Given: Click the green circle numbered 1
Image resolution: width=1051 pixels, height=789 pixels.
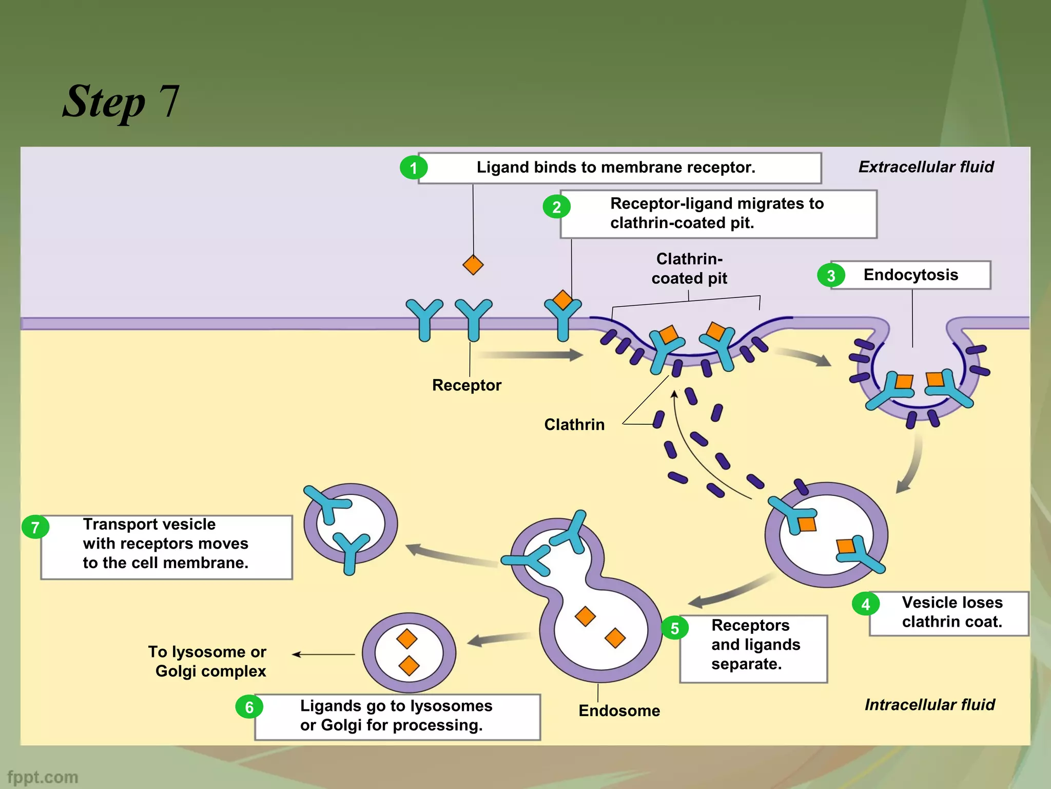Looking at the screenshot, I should click(414, 168).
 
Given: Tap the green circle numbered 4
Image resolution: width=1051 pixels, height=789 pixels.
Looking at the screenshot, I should click(866, 604).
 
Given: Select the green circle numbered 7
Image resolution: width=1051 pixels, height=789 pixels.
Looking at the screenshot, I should click(35, 528).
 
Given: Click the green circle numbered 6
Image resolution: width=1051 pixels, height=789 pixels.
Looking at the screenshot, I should click(249, 707).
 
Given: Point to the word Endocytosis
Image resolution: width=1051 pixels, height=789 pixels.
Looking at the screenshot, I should click(910, 275).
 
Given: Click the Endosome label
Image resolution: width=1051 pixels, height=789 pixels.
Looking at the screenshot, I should click(619, 710).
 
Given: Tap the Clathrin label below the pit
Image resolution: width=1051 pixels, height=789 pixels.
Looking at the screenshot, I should click(574, 425).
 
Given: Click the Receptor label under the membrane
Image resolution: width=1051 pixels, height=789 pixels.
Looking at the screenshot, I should click(466, 385).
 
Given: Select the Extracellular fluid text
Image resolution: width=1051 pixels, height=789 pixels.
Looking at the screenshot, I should click(926, 167).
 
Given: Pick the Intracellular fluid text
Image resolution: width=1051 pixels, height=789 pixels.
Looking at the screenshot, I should click(929, 705).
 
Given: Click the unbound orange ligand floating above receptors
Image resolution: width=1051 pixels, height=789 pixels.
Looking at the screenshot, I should click(473, 265).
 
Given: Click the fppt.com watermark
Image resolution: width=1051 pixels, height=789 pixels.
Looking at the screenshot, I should click(43, 777).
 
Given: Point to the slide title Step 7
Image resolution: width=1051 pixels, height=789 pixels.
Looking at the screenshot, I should click(121, 101).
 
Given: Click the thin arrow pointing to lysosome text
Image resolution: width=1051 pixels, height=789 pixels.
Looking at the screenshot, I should click(323, 654).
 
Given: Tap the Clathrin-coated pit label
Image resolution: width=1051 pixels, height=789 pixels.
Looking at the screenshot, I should click(689, 269).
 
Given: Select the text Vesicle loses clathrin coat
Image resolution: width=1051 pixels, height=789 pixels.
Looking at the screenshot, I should click(952, 612).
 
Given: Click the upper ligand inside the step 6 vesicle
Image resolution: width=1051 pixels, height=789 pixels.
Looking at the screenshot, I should click(407, 639).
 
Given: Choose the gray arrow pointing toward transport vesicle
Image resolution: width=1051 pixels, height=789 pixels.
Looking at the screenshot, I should click(452, 556).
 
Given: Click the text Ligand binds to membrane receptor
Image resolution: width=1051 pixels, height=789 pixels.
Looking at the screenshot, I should click(616, 167).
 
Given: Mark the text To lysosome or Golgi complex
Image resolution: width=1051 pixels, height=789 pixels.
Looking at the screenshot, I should click(208, 662).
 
